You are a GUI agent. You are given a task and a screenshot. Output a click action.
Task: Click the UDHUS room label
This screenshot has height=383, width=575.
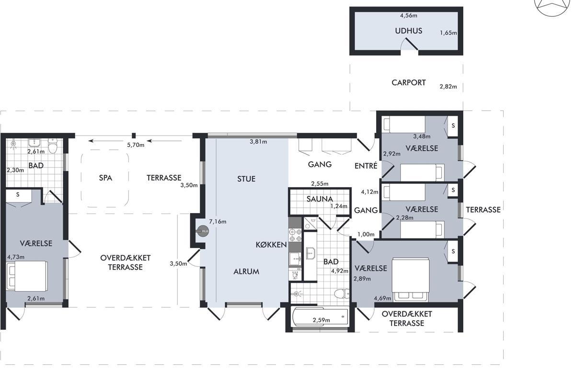[408, 31]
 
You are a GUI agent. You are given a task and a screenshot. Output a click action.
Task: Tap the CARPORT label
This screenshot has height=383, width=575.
[408, 83]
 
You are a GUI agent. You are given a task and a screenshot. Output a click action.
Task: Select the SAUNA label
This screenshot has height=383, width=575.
[320, 199]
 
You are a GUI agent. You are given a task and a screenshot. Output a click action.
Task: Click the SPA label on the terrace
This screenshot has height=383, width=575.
[105, 178]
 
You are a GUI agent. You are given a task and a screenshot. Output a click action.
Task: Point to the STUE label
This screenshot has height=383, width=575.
[246, 179]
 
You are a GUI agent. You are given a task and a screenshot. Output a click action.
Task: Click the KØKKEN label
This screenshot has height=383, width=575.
[271, 245]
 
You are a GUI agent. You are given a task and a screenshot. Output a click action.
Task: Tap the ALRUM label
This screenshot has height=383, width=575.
[246, 271]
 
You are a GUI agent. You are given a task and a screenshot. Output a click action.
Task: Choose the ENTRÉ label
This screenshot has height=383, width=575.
[366, 166]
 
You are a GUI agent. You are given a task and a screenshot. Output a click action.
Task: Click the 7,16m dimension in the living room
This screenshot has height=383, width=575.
[218, 222]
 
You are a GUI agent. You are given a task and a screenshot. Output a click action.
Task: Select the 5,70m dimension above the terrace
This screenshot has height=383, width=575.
[136, 145]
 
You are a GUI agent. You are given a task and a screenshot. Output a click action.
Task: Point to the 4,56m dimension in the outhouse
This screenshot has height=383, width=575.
[408, 15]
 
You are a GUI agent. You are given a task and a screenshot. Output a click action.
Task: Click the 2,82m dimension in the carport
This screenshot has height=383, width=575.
[448, 87]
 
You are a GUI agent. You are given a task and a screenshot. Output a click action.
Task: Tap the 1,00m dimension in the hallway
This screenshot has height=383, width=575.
[366, 234]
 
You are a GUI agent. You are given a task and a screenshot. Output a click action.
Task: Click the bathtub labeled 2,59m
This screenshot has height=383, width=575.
[320, 317]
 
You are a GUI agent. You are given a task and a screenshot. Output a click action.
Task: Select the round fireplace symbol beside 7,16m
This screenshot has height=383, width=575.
[203, 231]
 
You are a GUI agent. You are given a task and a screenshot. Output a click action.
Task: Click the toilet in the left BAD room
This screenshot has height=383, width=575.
[53, 146]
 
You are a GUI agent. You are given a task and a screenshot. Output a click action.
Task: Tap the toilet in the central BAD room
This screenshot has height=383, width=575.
[342, 293]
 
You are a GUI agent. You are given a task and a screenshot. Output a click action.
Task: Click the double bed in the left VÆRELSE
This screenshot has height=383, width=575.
[27, 276]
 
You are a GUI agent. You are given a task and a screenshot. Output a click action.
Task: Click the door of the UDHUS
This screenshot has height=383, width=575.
[412, 44]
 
